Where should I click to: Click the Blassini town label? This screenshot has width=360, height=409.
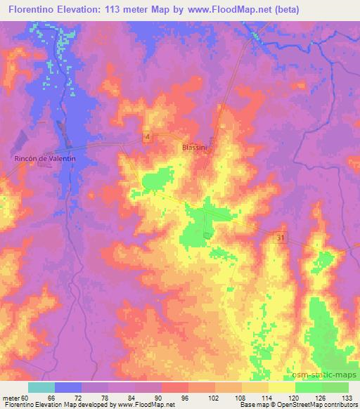tap(192, 148)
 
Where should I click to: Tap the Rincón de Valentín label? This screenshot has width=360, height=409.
tap(45, 160)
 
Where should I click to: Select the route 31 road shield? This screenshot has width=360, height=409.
tap(281, 239)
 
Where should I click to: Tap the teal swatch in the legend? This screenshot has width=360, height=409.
tap(41, 387)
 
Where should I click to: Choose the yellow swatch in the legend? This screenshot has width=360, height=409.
tap(281, 387)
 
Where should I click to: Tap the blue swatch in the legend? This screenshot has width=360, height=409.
tap(68, 387)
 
